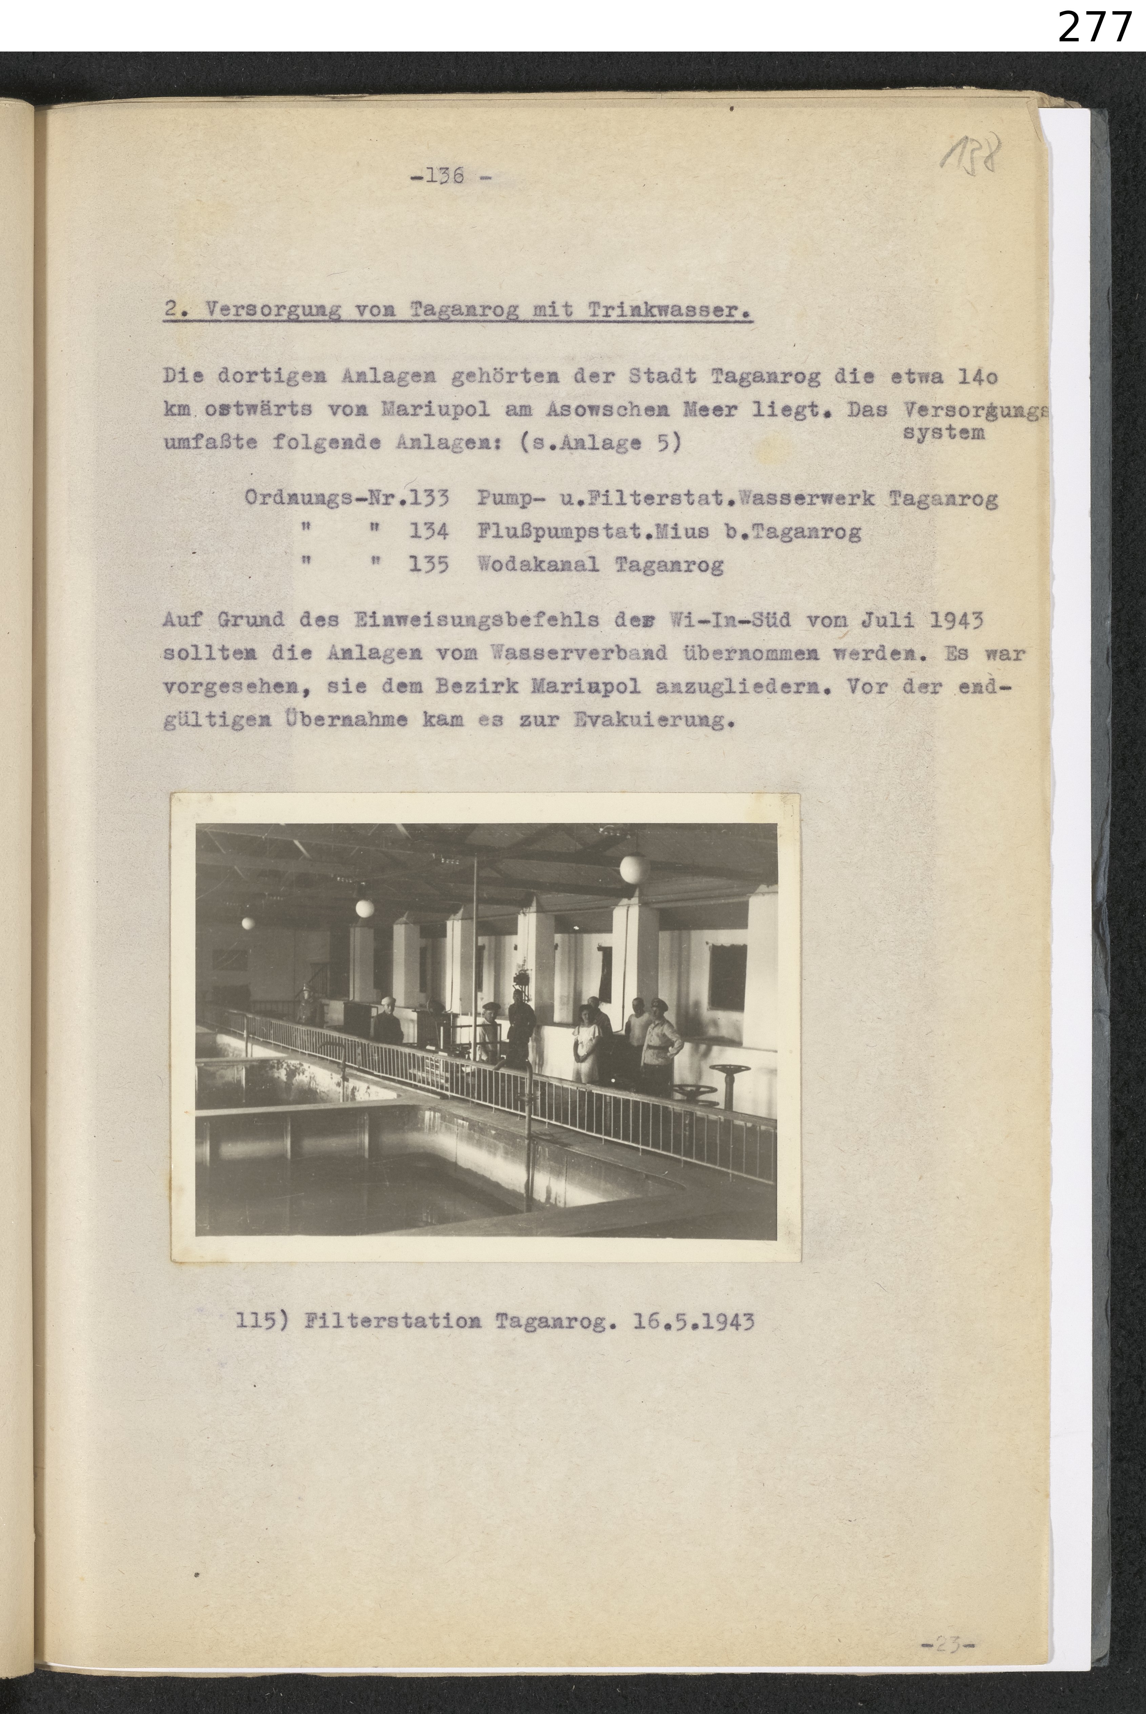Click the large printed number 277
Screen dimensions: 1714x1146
pyautogui.click(x=1094, y=28)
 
